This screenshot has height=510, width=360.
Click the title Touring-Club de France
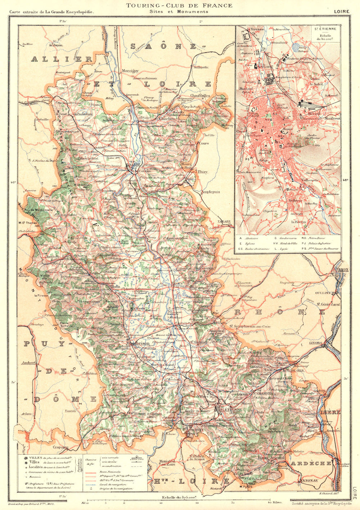pos(179,5)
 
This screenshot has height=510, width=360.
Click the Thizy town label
pos(202,172)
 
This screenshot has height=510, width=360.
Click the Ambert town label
pos(29,363)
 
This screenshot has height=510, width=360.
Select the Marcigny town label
pos(130,71)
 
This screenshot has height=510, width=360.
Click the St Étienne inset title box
pos(325,35)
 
